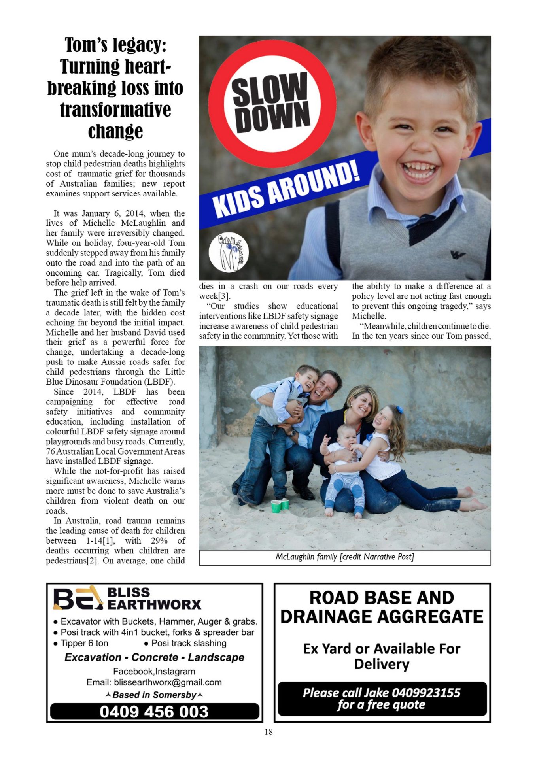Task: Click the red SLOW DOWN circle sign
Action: click(272, 102)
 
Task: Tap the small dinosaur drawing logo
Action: click(228, 253)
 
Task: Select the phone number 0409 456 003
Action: click(154, 712)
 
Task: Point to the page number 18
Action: click(268, 732)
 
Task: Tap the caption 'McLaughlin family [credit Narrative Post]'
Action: click(344, 557)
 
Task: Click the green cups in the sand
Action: click(280, 504)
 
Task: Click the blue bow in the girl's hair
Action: click(400, 409)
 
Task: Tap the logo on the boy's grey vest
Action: click(458, 255)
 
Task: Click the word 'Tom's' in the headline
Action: click(87, 45)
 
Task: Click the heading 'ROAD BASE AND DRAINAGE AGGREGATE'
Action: click(382, 607)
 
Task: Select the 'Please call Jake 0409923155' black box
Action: click(382, 699)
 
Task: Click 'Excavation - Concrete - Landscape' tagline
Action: click(154, 657)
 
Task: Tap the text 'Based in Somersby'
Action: click(154, 695)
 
